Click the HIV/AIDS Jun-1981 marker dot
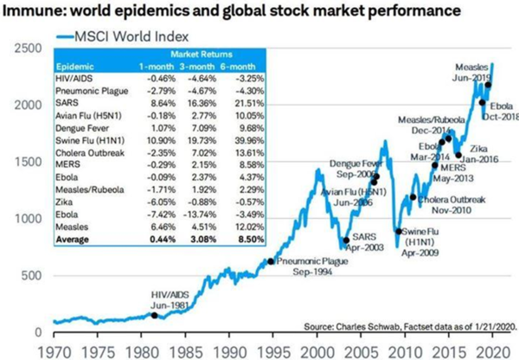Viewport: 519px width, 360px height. point(154,315)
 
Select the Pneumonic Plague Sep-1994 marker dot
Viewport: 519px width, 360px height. point(271,261)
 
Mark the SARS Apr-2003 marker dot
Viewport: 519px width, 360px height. point(347,240)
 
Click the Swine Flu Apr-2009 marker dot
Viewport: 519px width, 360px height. point(398,231)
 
